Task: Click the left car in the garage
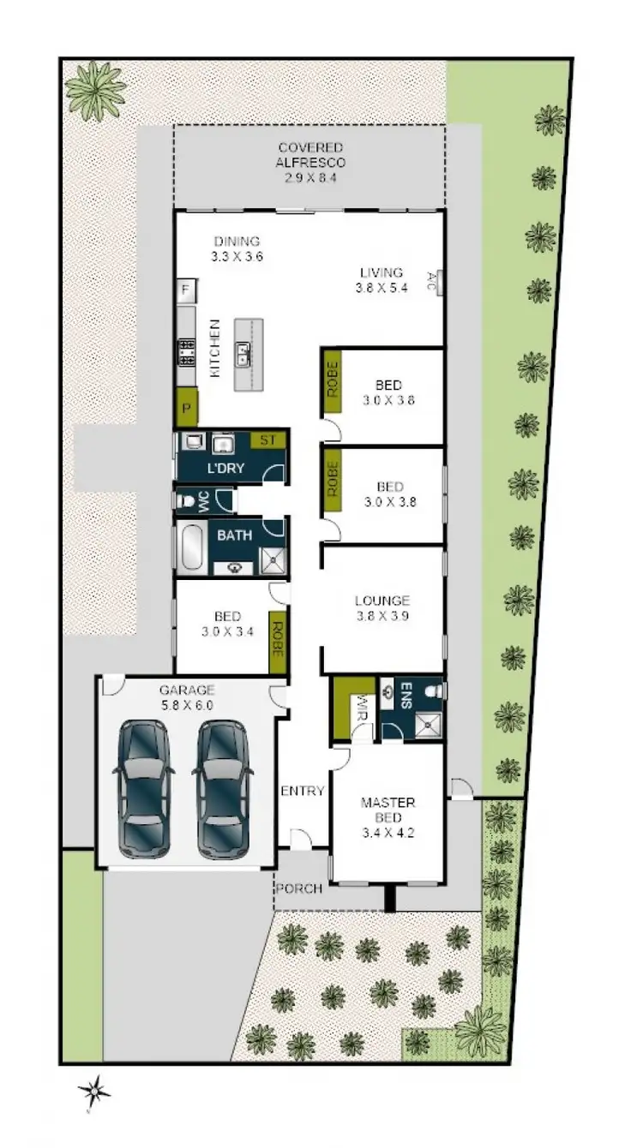click(x=142, y=788)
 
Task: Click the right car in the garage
click(x=222, y=788)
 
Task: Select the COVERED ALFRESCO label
click(x=309, y=155)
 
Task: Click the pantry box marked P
click(x=186, y=408)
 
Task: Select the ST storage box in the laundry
click(x=267, y=440)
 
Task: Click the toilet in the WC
click(x=184, y=499)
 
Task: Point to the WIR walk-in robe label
click(x=360, y=709)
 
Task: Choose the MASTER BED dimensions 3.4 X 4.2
click(x=388, y=829)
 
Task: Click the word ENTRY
click(x=303, y=791)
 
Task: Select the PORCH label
click(x=299, y=888)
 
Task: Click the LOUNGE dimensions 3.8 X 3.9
click(x=382, y=614)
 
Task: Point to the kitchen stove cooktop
click(x=186, y=350)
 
